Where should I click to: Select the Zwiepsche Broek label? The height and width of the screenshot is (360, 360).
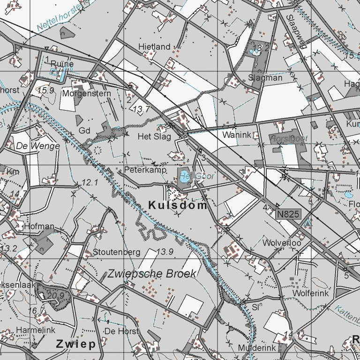152,274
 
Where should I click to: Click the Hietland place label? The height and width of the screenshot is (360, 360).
154,47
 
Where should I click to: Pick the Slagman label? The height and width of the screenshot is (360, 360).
265,78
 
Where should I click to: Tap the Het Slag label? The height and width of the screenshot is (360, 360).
154,136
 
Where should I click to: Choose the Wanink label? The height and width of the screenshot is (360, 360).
237,135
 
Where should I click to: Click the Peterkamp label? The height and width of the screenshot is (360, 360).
146,170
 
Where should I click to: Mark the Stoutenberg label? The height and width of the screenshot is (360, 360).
117,252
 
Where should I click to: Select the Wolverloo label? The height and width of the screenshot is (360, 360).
282,243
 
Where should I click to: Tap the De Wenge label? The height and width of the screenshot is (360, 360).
38,146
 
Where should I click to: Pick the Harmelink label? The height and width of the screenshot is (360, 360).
32,330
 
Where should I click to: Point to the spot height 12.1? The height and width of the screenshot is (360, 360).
89,182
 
